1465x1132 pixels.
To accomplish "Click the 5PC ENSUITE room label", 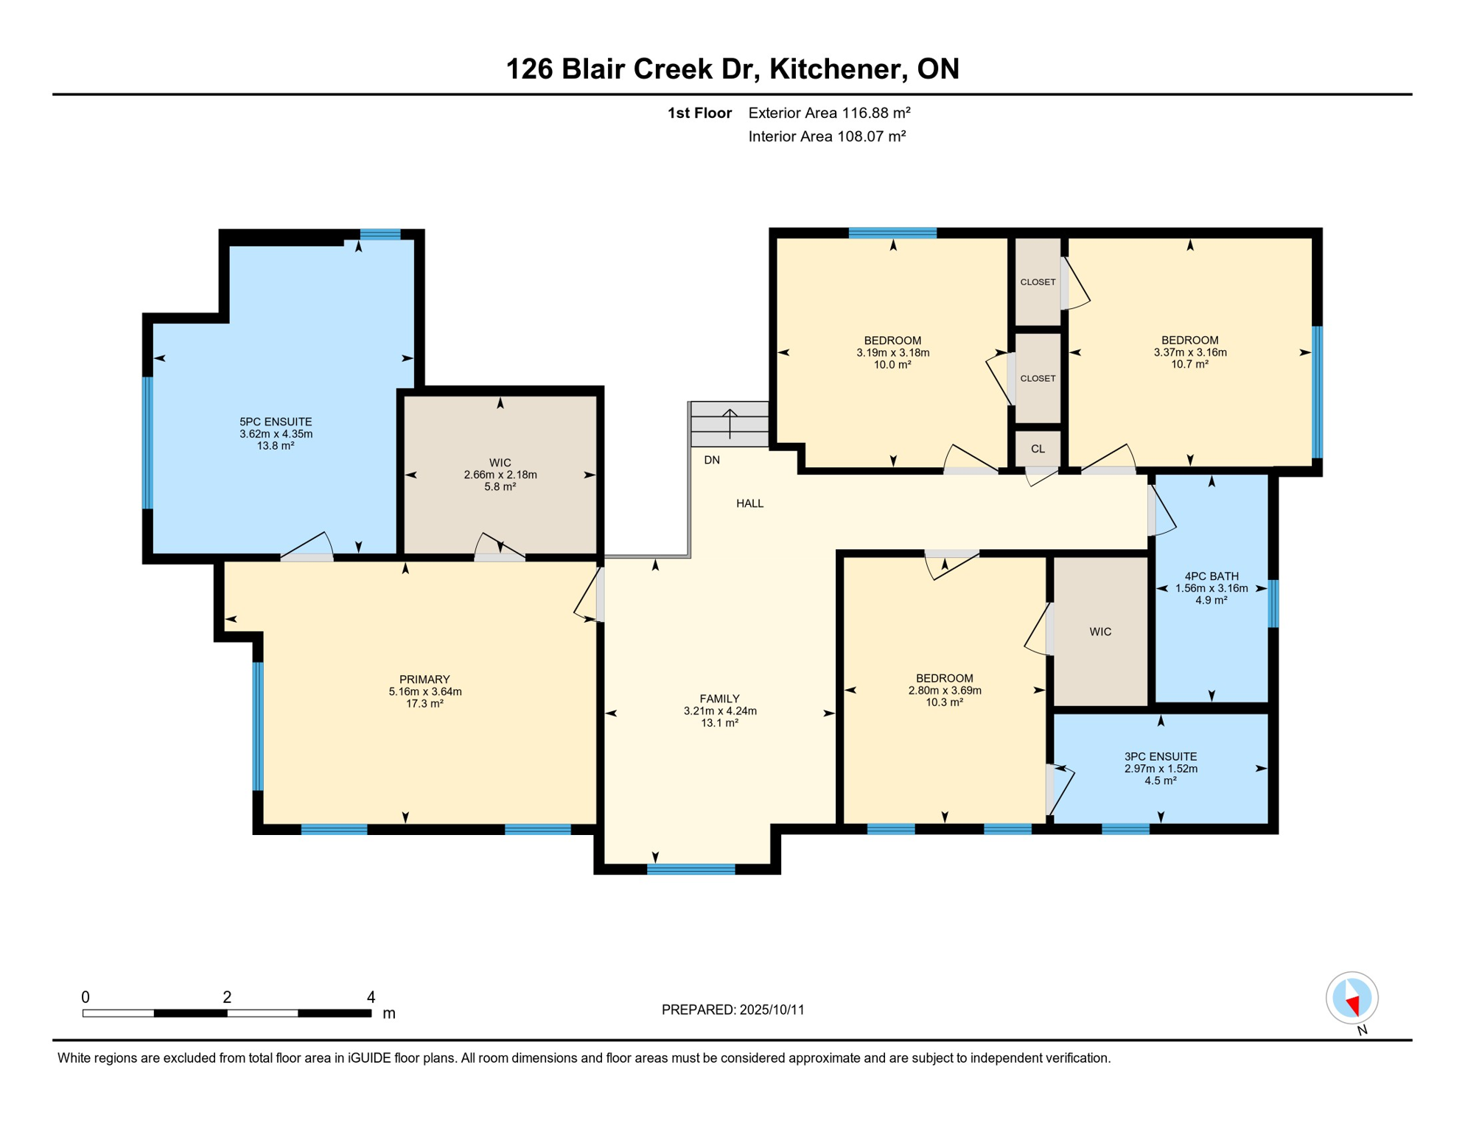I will [276, 422].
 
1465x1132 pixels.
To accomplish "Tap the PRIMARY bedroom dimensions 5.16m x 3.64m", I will [425, 691].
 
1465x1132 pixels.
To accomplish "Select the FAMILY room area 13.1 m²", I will [719, 723].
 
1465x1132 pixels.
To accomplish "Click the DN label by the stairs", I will [712, 460].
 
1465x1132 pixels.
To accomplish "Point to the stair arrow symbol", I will [730, 423].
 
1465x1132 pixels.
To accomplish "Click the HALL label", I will [749, 503].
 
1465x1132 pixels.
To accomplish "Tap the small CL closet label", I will [1038, 449].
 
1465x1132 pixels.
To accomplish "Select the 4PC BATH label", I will [1211, 576].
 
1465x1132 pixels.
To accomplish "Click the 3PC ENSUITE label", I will [1161, 756].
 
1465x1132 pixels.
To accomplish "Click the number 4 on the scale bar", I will [371, 997].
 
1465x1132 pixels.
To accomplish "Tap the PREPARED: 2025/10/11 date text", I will [732, 1010].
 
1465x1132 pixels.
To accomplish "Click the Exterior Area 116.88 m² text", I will [829, 113].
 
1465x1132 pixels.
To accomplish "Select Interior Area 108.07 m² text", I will [827, 136].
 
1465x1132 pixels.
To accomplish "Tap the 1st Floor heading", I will [699, 113].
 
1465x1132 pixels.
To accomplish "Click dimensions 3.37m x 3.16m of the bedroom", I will [1190, 352].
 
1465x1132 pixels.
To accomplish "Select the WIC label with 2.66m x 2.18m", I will [500, 463].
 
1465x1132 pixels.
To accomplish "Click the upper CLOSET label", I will [1038, 282].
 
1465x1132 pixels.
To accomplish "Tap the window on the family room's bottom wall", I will [690, 869].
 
